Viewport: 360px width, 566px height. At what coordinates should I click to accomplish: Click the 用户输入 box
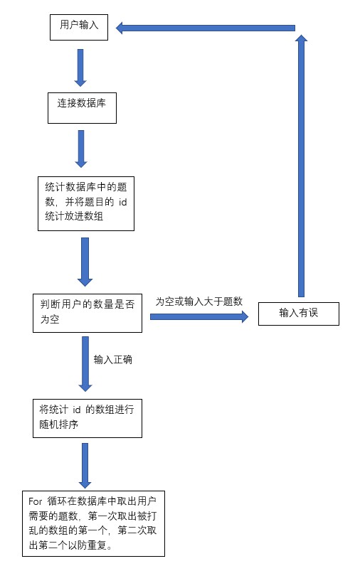[79, 28]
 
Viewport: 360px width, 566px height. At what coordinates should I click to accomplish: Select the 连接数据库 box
[82, 108]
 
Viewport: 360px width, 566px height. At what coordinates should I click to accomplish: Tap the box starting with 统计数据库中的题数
[86, 203]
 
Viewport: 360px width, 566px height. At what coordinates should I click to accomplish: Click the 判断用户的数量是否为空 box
[88, 313]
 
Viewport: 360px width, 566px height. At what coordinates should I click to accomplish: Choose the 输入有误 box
[299, 314]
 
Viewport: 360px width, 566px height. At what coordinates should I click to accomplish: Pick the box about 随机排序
[88, 418]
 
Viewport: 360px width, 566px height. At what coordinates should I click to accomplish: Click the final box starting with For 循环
[93, 524]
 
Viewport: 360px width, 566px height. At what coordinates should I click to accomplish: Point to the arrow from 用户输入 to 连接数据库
[80, 68]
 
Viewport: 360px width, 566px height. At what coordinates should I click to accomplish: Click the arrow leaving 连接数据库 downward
[81, 149]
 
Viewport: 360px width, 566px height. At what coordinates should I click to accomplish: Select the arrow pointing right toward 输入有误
[199, 317]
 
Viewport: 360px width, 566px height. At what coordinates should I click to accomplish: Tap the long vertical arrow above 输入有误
[301, 166]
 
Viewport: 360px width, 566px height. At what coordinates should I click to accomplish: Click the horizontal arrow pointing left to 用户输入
[206, 28]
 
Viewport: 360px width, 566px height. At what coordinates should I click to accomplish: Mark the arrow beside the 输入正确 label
[85, 364]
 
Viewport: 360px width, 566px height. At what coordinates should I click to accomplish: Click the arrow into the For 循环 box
[85, 466]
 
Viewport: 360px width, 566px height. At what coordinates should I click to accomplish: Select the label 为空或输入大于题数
[199, 301]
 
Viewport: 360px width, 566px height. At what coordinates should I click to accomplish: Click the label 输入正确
[112, 360]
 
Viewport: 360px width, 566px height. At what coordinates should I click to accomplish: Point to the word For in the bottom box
[36, 501]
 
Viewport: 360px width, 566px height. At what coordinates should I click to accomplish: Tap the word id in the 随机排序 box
[77, 410]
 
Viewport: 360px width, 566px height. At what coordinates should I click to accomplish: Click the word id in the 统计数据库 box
[123, 202]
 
